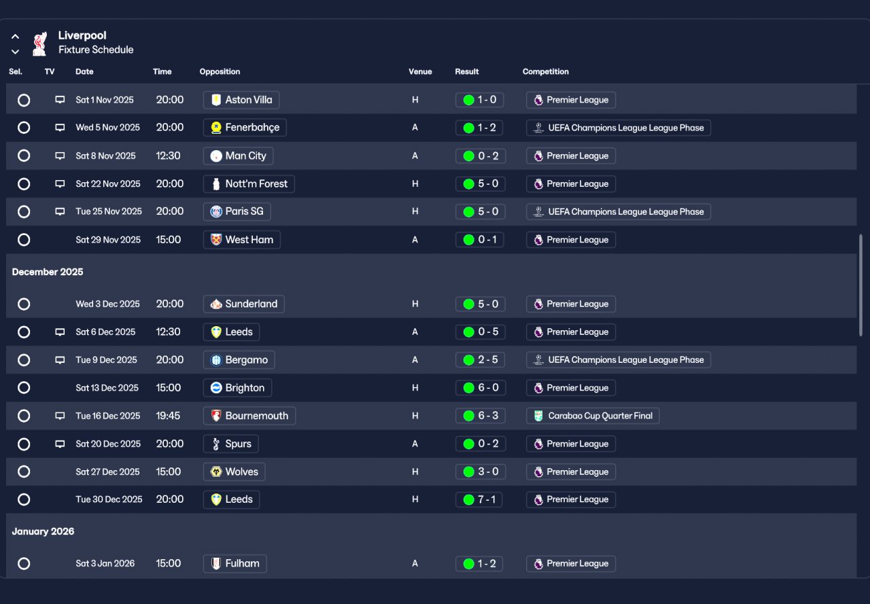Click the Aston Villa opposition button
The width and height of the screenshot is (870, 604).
coord(241,100)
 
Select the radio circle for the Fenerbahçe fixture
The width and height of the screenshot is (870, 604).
coord(24,127)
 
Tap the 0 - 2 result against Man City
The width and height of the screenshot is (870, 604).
coord(481,156)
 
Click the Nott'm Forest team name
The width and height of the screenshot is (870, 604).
coord(256,183)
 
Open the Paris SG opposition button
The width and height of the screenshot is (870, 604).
coord(237,211)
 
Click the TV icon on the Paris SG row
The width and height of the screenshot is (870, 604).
coord(60,211)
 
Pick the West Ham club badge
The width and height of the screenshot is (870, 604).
coord(216,240)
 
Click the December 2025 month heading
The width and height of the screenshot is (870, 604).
coord(48,272)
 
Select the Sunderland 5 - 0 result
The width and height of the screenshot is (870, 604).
coord(481,304)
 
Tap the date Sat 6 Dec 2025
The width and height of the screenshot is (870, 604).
coord(105,332)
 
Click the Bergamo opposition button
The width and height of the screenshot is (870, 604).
coord(239,360)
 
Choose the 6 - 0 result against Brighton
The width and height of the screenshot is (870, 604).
coord(481,388)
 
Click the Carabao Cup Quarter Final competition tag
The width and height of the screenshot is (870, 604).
coord(593,416)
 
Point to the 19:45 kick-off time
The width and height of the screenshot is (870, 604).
coord(168,416)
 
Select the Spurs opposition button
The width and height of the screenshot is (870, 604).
coord(230,444)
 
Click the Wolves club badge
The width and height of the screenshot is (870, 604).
coord(216,472)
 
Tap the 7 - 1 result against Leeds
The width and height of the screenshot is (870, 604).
coord(479,499)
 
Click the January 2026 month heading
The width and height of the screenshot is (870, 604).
coord(43,531)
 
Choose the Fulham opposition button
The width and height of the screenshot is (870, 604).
coord(235,564)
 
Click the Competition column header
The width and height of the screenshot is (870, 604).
coord(545,71)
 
